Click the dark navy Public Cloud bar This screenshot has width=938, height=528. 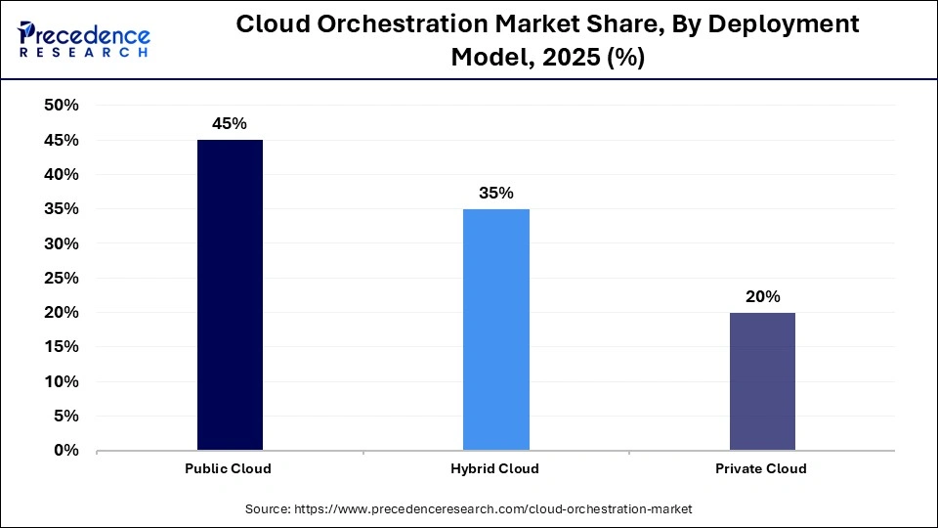point(230,294)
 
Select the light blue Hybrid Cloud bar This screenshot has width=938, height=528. point(496,330)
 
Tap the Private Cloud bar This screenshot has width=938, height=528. point(761,381)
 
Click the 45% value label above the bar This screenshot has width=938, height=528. point(230,124)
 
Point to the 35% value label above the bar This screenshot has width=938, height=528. point(496,193)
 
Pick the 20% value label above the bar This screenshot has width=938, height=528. point(761,296)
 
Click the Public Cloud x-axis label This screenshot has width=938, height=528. point(229,468)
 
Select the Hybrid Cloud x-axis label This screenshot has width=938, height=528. point(495,468)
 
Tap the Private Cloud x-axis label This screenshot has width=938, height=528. point(761,468)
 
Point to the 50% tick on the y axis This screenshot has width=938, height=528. point(62,106)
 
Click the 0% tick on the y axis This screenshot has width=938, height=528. point(65,451)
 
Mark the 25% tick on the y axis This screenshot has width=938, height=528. point(62,278)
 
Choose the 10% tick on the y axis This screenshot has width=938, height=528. point(62,381)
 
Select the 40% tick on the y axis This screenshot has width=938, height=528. point(62,174)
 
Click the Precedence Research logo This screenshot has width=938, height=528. point(82,39)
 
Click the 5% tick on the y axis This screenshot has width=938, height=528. point(65,417)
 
